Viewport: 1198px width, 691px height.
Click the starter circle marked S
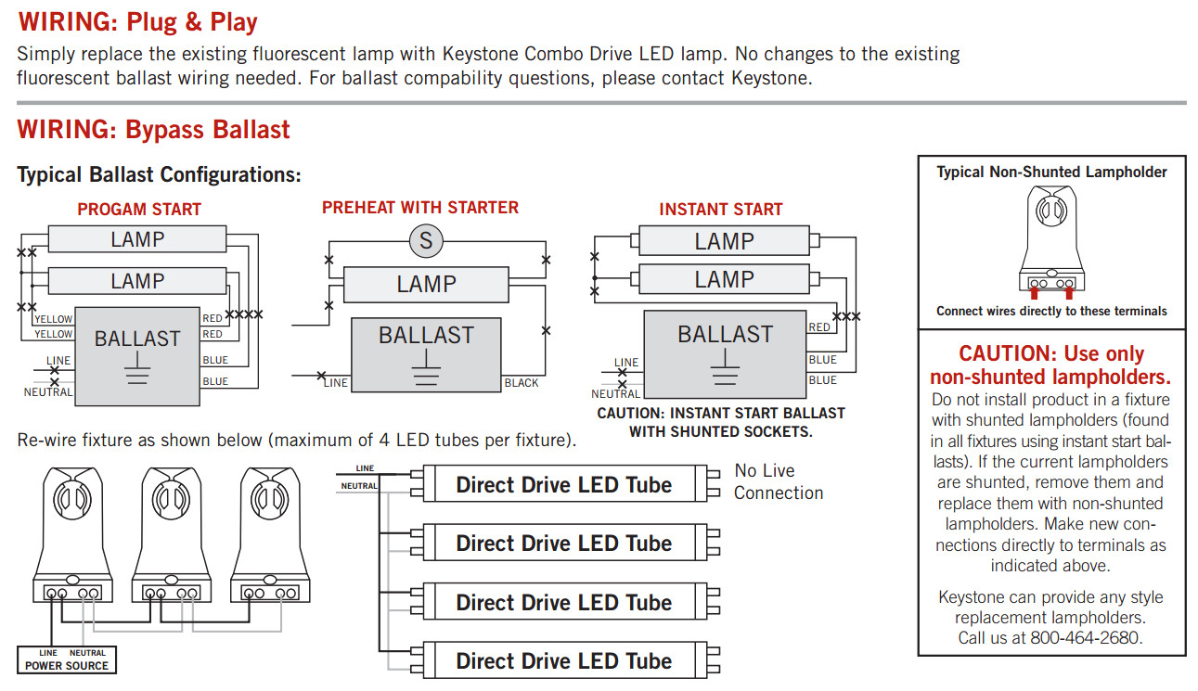pyautogui.click(x=426, y=242)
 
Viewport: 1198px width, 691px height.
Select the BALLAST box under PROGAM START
pyautogui.click(x=136, y=355)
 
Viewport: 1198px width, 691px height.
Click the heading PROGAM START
pyautogui.click(x=139, y=210)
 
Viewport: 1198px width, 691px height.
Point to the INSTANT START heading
pyautogui.click(x=720, y=210)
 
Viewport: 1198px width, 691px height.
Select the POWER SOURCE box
pyautogui.click(x=67, y=660)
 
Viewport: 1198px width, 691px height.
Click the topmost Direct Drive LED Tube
pyautogui.click(x=563, y=484)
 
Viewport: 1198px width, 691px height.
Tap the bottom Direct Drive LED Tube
pyautogui.click(x=563, y=661)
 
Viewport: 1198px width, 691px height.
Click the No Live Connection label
pyautogui.click(x=778, y=481)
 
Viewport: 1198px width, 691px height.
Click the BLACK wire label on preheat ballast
pyautogui.click(x=521, y=383)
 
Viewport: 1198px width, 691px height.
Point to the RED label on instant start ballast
pyautogui.click(x=819, y=327)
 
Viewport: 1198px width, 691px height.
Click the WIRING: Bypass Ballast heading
pyautogui.click(x=153, y=129)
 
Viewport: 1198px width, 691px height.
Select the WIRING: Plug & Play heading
pyautogui.click(x=137, y=21)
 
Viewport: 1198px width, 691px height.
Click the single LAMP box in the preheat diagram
pyautogui.click(x=426, y=284)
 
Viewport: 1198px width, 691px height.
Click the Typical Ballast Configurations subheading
pyautogui.click(x=159, y=174)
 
